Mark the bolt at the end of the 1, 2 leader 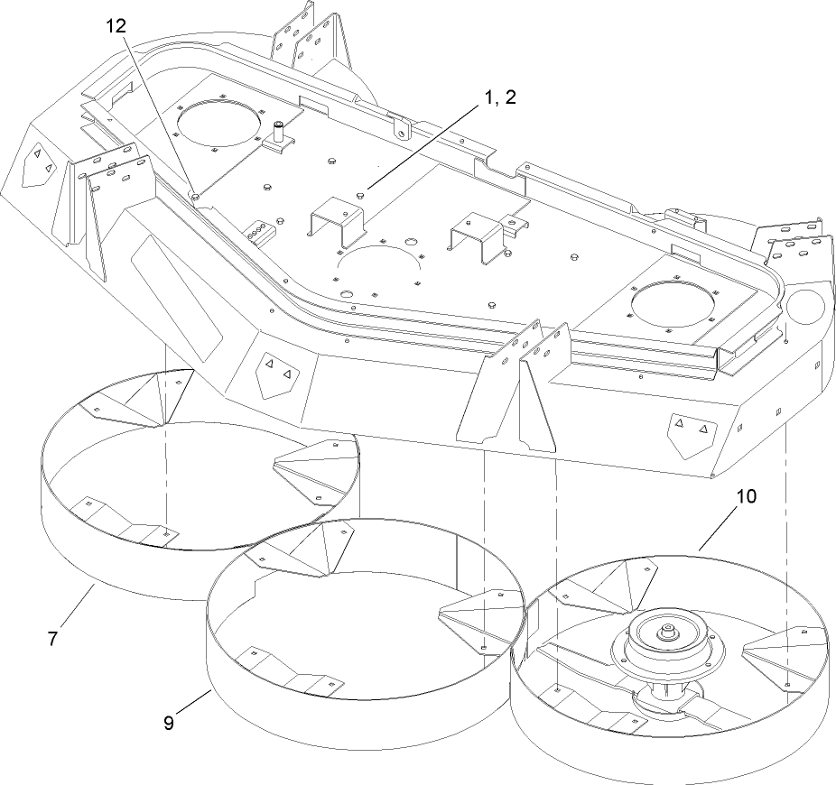[x=361, y=191]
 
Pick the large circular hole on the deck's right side [x=676, y=303]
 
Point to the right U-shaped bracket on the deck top [x=477, y=231]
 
